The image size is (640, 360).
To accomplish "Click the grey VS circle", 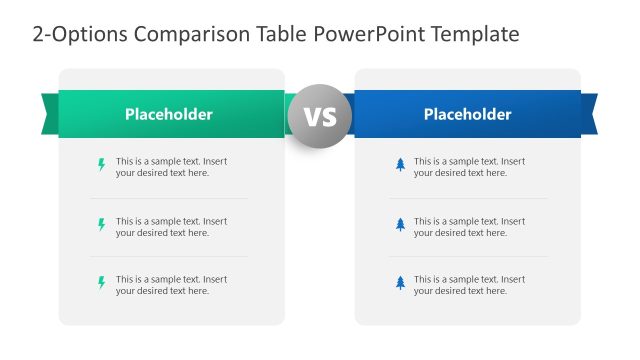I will point(320,117).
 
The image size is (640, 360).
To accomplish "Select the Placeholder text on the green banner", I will point(168,114).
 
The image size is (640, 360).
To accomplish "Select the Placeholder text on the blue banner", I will point(467,114).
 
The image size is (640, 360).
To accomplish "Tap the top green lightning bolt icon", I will point(101,165).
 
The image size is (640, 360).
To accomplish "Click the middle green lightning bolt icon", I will point(101,226).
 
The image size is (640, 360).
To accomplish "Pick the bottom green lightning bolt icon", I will point(101,284).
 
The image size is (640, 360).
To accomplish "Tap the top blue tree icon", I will point(400,165).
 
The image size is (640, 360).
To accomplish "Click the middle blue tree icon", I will point(400,226).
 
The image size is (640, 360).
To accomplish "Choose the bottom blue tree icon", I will point(400,284).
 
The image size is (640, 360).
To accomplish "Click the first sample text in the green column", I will point(170,167).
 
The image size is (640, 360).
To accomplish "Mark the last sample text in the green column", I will point(170,285).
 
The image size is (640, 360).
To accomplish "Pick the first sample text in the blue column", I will point(469,167).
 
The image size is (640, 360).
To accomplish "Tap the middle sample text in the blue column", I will point(469,227).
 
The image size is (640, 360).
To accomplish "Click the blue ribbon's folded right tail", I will point(589,112).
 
